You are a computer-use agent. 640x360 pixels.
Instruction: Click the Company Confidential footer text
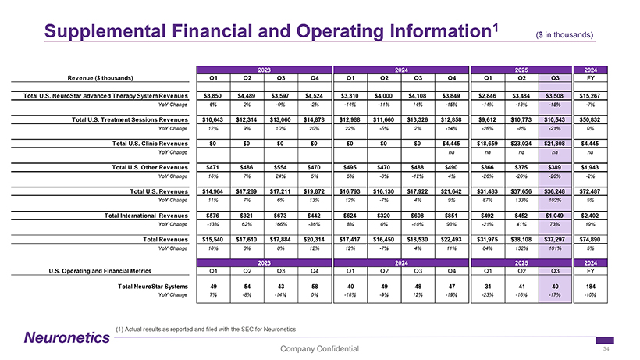[x=319, y=348]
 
